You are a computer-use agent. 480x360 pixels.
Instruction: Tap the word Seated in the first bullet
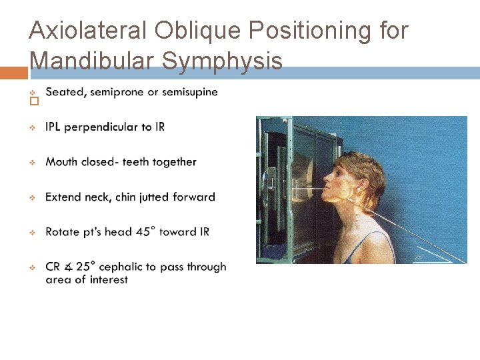(x=65, y=92)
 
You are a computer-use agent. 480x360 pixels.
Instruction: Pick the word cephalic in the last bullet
(x=122, y=267)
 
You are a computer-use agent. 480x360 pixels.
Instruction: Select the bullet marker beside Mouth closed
(x=32, y=162)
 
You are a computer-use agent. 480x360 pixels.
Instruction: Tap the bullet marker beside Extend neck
(x=32, y=197)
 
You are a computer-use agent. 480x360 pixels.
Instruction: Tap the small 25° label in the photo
(x=418, y=257)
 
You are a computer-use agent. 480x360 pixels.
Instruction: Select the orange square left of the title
(x=13, y=73)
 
